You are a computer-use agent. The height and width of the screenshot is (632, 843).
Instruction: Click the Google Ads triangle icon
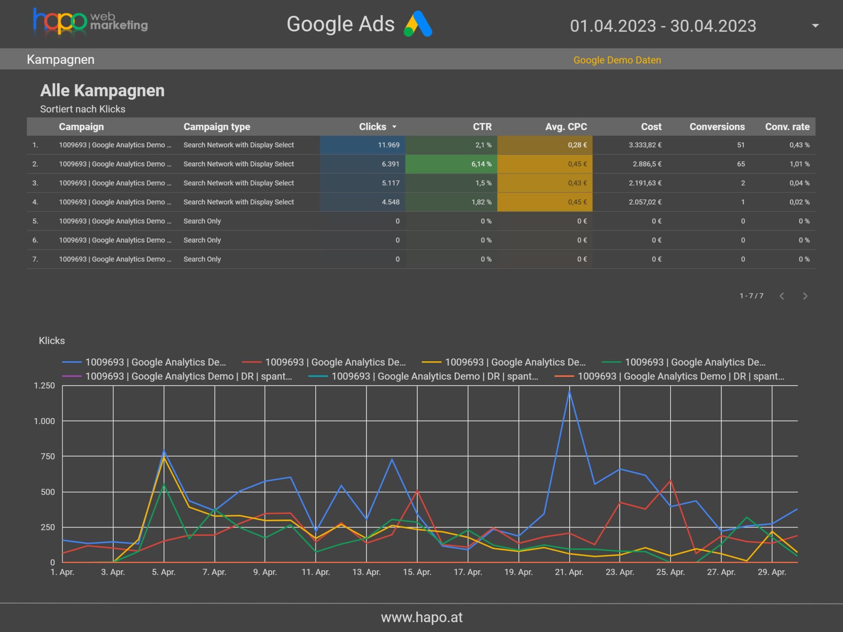tap(418, 24)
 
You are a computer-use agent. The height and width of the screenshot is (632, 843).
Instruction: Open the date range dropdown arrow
tap(815, 26)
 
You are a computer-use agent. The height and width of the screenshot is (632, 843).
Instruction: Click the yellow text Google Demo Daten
tap(617, 60)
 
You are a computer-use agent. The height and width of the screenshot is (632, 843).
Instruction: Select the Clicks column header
tap(373, 127)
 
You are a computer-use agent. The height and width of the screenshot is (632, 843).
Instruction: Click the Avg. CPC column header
tap(566, 127)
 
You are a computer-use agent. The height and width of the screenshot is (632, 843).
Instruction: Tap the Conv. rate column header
tap(787, 127)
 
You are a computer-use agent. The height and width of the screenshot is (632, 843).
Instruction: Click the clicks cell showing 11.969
tap(388, 145)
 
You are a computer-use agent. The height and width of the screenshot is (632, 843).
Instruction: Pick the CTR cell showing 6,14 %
tap(481, 164)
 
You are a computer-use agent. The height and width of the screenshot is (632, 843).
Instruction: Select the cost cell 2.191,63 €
tap(645, 183)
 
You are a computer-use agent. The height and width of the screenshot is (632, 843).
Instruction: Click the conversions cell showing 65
tap(741, 164)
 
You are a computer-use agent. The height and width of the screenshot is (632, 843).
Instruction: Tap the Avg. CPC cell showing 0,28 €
tap(577, 145)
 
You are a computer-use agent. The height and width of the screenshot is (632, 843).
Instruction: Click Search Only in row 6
tap(202, 240)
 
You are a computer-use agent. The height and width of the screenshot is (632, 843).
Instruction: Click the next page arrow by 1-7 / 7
tap(805, 296)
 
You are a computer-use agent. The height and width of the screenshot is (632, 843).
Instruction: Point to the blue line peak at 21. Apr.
tap(569, 391)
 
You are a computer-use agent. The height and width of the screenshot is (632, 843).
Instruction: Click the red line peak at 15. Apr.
tap(417, 490)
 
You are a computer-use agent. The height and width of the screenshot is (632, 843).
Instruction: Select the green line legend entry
tap(683, 362)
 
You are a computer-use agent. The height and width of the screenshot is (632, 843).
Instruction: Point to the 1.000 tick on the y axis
tap(44, 421)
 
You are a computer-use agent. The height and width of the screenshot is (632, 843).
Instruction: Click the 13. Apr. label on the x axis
tap(366, 572)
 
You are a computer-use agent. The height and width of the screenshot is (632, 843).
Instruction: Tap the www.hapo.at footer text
tap(421, 617)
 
